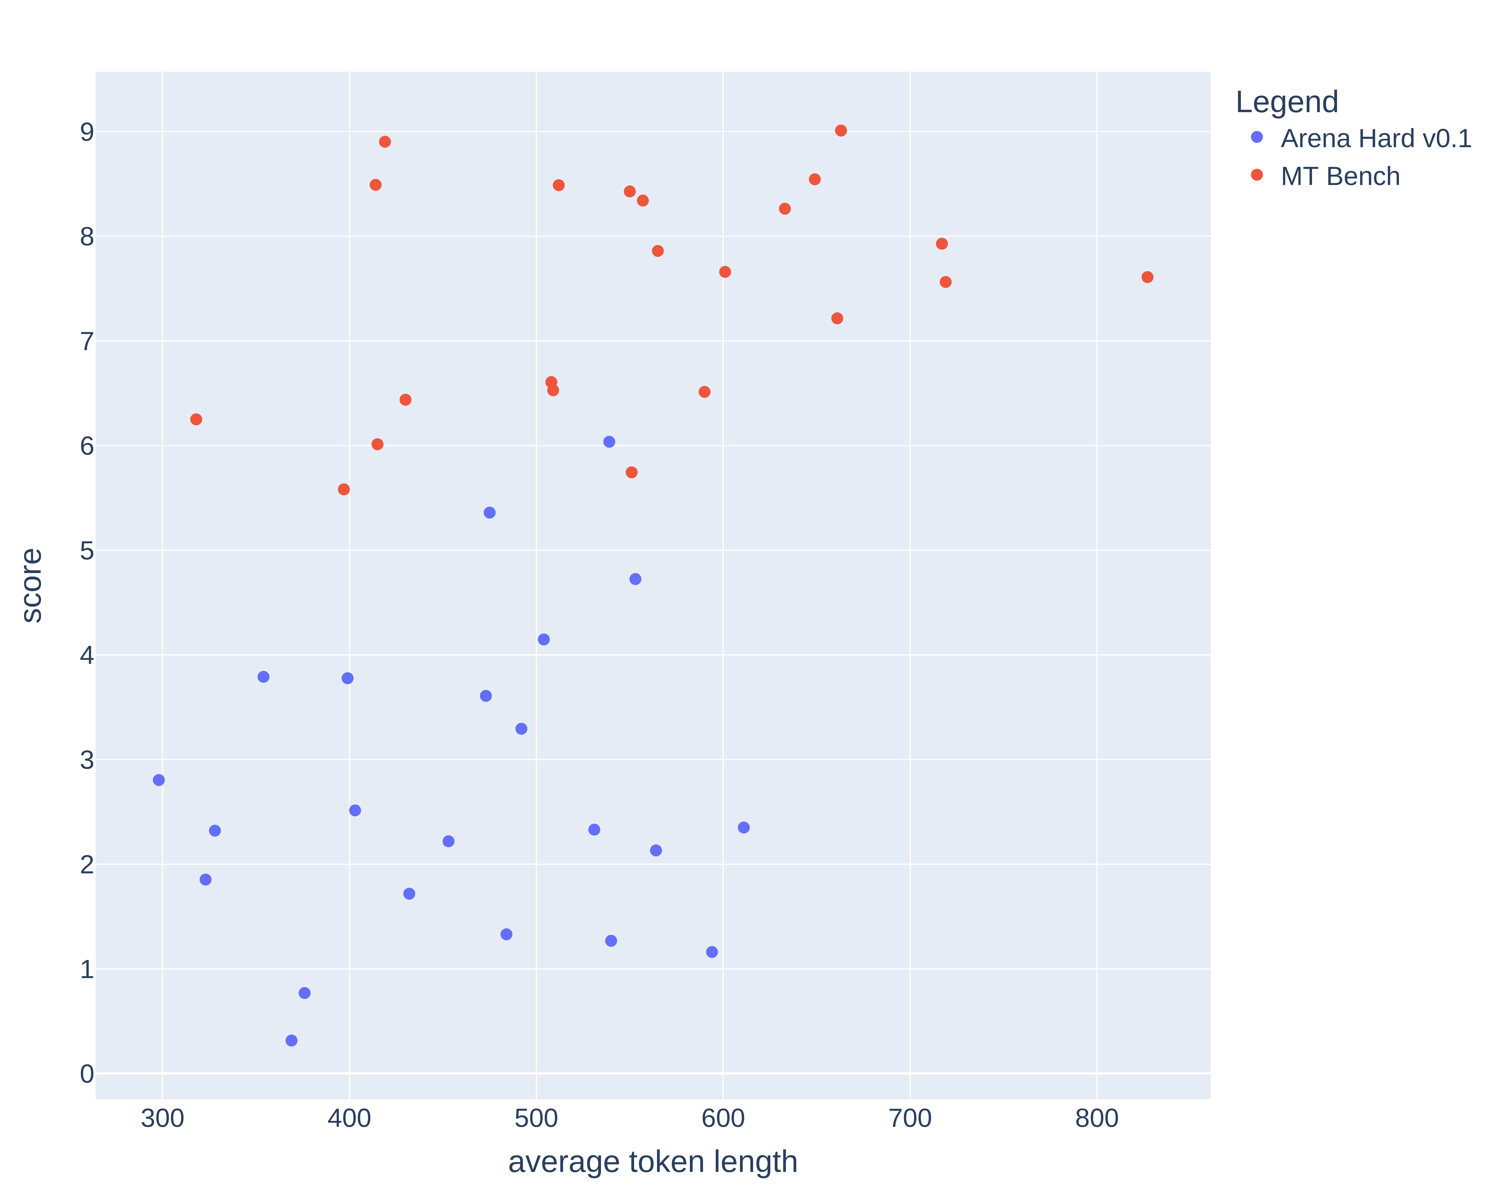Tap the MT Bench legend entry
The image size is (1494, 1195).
(x=1339, y=177)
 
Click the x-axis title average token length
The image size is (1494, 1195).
(x=653, y=1162)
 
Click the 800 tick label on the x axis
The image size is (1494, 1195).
(x=1096, y=1118)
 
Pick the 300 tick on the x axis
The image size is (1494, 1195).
(x=162, y=1118)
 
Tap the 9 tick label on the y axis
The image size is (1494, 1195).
(x=87, y=132)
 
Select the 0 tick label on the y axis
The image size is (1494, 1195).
(x=87, y=1074)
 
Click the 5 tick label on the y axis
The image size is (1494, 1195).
(x=87, y=551)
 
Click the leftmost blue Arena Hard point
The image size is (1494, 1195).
(x=159, y=780)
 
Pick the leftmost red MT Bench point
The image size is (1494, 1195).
(x=196, y=419)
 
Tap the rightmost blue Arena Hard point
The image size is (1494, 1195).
(x=744, y=827)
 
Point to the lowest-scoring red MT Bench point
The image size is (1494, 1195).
(x=344, y=489)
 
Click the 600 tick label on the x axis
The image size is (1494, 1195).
(x=723, y=1118)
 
